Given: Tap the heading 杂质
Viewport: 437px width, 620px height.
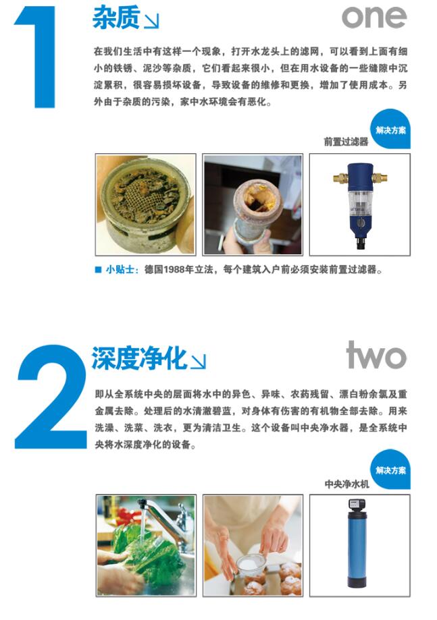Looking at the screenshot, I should coord(115,18).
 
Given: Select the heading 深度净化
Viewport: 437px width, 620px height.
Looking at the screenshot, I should coord(138,358).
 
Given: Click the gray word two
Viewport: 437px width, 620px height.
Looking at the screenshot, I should coord(376,356).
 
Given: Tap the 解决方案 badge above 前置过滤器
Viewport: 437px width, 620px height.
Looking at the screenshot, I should coord(391,129).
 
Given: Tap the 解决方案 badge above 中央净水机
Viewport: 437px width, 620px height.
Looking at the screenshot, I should coord(391,470).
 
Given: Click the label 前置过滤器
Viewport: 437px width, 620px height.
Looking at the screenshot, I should coord(346,142).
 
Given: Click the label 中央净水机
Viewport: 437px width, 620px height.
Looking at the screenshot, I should coord(346,484).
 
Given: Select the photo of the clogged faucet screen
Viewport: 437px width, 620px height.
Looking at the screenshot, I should coord(145,204).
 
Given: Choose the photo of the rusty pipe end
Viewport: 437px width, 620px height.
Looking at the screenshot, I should coord(253,204).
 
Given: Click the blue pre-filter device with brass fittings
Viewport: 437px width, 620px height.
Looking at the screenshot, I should coord(359,202).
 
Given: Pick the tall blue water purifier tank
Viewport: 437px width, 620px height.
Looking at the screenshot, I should coord(359,546).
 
